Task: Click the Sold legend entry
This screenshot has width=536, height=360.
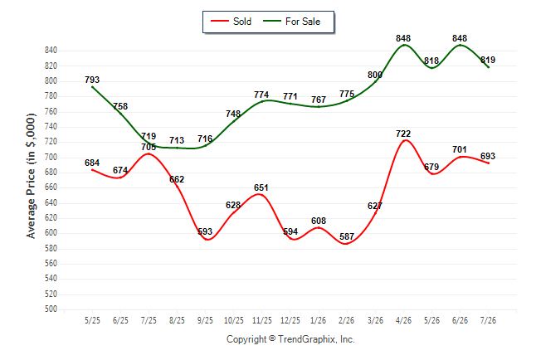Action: [231, 22]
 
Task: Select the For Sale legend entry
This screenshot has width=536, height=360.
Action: [291, 22]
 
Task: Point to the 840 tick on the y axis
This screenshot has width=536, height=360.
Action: [51, 51]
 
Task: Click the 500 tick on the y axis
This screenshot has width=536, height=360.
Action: [51, 309]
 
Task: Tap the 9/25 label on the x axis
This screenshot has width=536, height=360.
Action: [205, 320]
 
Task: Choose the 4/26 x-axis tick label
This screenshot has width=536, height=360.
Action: [403, 320]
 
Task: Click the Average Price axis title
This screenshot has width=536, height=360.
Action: [31, 176]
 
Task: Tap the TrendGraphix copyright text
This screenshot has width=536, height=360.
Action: [290, 339]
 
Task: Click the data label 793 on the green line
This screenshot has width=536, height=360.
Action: [92, 80]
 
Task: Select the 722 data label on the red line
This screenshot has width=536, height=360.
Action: [403, 134]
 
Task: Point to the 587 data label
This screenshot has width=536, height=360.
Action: [347, 236]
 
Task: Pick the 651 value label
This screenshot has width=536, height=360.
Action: [261, 187]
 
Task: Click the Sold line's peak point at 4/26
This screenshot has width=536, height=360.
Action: [405, 140]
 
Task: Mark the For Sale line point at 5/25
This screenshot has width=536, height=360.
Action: [92, 87]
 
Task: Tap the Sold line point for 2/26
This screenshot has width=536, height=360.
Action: [347, 243]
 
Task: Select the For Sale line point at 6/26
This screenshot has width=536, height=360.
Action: [460, 45]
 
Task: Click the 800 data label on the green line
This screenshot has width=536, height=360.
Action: [375, 75]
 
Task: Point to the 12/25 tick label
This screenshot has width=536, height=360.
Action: [290, 320]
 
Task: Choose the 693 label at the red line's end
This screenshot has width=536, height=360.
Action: [488, 156]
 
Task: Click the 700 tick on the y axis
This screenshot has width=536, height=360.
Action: [51, 158]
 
